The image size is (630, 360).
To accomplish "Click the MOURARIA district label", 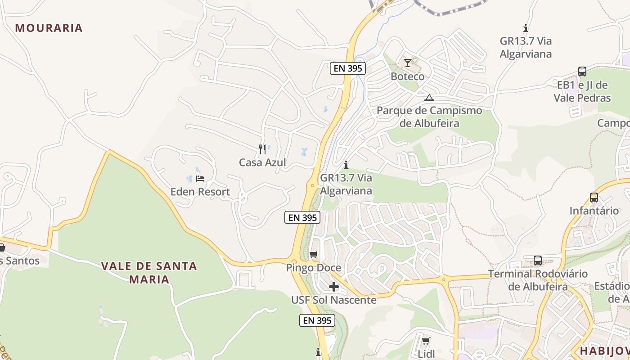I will (49, 28).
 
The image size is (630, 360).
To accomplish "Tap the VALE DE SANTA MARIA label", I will (149, 272).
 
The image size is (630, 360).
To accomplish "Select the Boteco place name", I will (407, 76).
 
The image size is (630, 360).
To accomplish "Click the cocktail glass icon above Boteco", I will (408, 63).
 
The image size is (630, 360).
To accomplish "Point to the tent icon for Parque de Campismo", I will (429, 98).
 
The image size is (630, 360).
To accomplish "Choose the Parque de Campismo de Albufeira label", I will (429, 117).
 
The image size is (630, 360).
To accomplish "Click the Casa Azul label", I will (262, 162).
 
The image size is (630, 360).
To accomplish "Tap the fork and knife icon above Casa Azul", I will (262, 149).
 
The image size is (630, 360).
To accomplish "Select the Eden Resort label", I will (200, 192).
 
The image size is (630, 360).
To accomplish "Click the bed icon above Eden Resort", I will (200, 179).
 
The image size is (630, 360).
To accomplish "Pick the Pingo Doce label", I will (314, 268).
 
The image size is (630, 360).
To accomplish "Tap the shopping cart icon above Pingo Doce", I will (314, 255).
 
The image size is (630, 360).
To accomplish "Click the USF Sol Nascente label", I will (334, 300).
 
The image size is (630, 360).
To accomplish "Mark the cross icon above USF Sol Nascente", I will (334, 287).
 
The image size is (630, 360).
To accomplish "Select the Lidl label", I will (426, 354).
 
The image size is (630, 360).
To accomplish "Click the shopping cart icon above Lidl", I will (426, 341).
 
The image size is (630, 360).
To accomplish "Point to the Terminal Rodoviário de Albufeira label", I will (538, 280).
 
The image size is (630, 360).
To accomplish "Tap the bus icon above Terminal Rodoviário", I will (538, 260).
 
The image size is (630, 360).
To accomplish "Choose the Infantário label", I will (594, 211).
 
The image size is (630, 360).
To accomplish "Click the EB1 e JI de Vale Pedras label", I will (582, 91).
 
